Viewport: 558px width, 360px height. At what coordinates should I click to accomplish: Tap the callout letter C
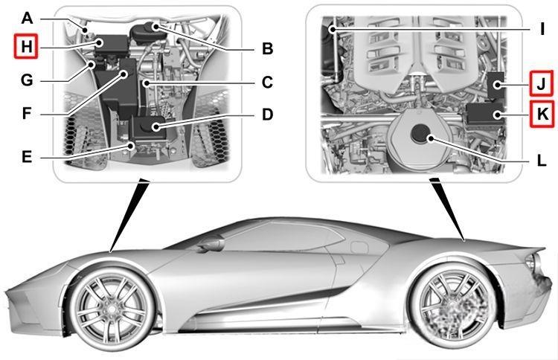tap(267, 83)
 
